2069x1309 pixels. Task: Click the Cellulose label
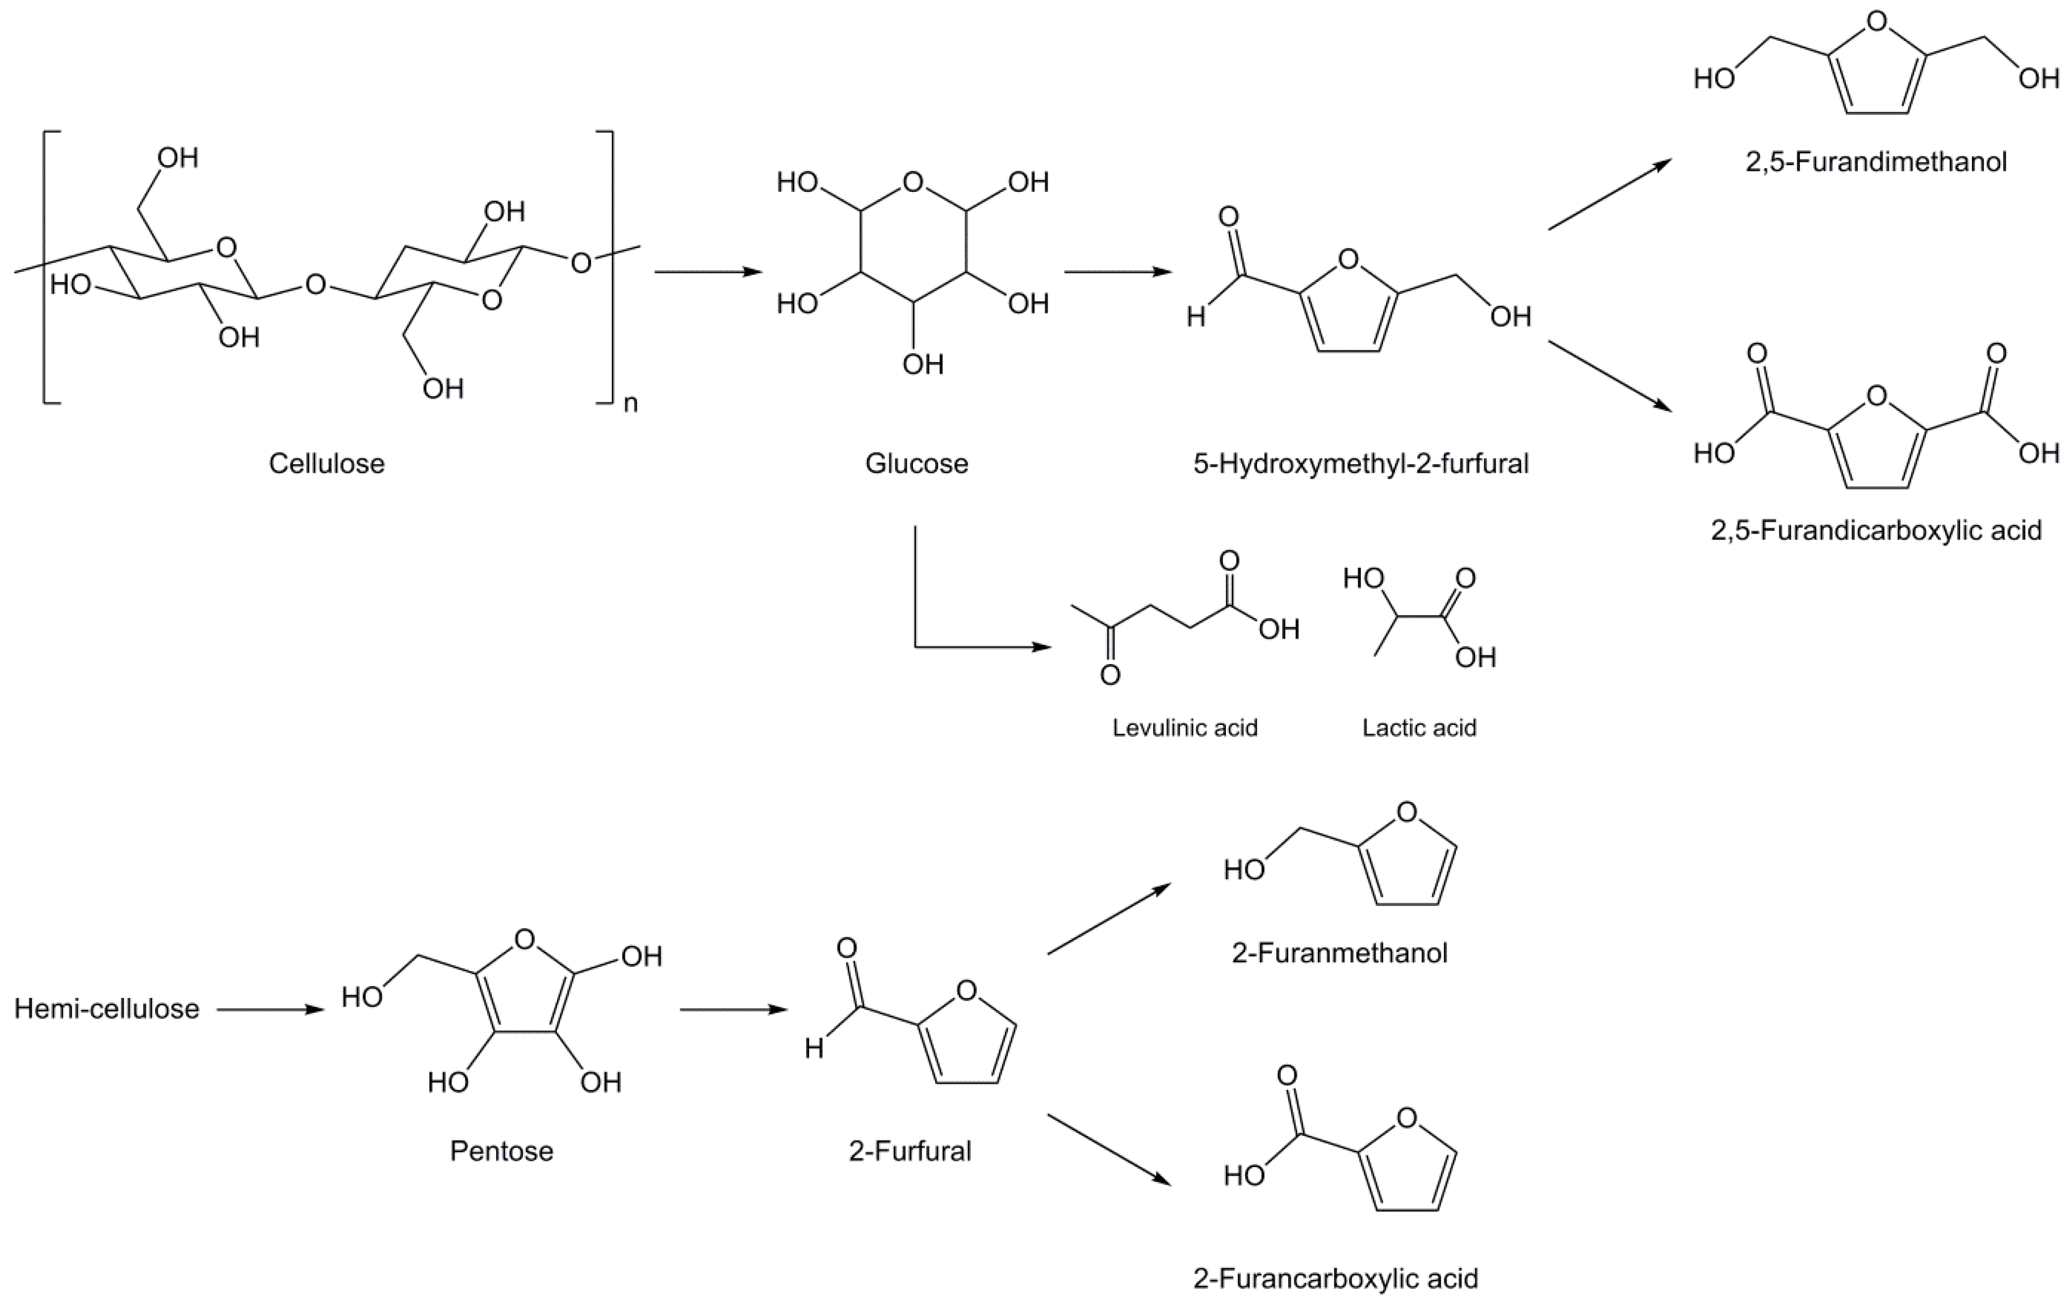click(x=326, y=464)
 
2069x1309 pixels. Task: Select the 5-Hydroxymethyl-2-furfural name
click(x=1361, y=464)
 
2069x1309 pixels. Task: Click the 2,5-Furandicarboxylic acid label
click(x=1876, y=530)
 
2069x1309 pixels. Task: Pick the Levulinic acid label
click(x=1185, y=728)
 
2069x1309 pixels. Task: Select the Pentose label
click(x=502, y=1151)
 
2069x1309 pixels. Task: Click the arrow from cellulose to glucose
click(x=708, y=272)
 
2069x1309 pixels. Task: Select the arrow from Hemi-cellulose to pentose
click(x=271, y=1010)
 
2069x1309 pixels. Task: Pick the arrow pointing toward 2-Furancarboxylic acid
click(x=1108, y=1150)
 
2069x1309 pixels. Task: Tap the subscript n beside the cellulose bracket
click(x=631, y=404)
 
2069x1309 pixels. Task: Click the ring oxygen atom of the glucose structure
click(x=914, y=182)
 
